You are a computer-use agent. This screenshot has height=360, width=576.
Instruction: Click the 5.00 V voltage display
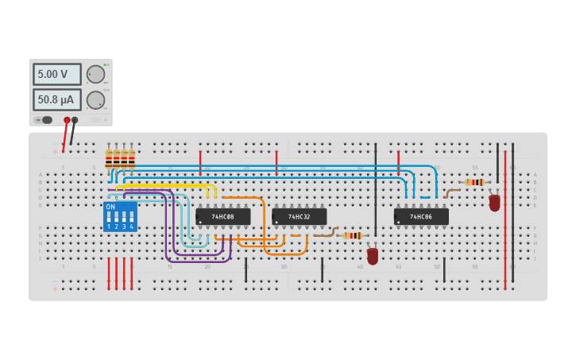pyautogui.click(x=56, y=74)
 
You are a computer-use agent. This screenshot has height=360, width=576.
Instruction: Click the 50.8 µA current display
pyautogui.click(x=56, y=99)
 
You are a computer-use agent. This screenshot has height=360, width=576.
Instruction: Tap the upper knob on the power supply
pyautogui.click(x=95, y=74)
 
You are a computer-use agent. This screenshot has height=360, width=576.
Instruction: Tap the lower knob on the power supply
pyautogui.click(x=95, y=99)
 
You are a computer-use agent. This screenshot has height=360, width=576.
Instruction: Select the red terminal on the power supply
pyautogui.click(x=67, y=120)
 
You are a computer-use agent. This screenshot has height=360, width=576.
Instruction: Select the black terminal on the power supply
pyautogui.click(x=75, y=120)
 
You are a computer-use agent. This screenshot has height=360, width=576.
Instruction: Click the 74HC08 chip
pyautogui.click(x=223, y=216)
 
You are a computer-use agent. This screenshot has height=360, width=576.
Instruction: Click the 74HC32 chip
pyautogui.click(x=300, y=216)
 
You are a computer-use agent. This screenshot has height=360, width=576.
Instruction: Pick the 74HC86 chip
pyautogui.click(x=421, y=216)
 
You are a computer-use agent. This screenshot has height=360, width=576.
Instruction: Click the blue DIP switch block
pyautogui.click(x=120, y=216)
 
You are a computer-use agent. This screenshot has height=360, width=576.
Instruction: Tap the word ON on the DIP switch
pyautogui.click(x=110, y=207)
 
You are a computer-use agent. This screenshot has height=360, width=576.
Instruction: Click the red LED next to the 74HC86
pyautogui.click(x=494, y=203)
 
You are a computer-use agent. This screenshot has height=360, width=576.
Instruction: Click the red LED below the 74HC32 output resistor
pyautogui.click(x=373, y=256)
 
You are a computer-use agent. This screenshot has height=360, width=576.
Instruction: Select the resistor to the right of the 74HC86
pyautogui.click(x=475, y=182)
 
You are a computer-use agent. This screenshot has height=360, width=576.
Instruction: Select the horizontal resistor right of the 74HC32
pyautogui.click(x=352, y=235)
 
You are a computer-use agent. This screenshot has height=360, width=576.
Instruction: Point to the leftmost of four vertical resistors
pyautogui.click(x=109, y=158)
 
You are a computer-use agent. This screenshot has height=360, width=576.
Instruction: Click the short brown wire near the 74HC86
pyautogui.click(x=450, y=192)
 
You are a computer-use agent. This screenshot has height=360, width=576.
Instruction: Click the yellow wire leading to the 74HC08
pyautogui.click(x=167, y=185)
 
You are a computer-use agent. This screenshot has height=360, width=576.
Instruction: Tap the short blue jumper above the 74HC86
pyautogui.click(x=425, y=197)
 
